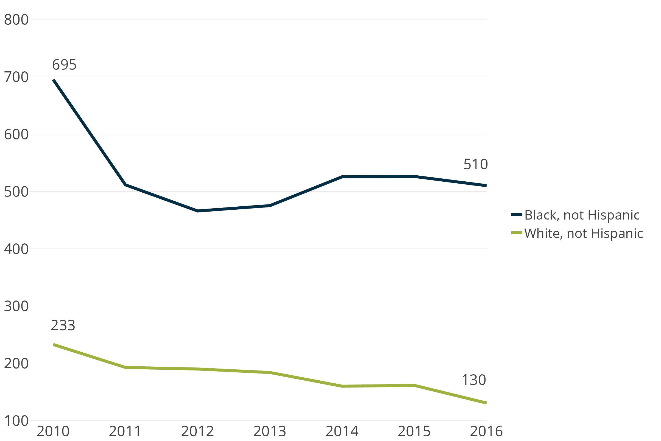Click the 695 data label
pyautogui.click(x=64, y=65)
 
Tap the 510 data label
pyautogui.click(x=475, y=164)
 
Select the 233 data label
pyautogui.click(x=63, y=325)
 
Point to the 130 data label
pyautogui.click(x=474, y=380)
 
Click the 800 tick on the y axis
pyautogui.click(x=16, y=20)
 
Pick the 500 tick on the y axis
pyautogui.click(x=16, y=192)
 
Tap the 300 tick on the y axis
pyautogui.click(x=16, y=306)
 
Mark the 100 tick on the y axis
pyautogui.click(x=16, y=421)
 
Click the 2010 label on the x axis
pyautogui.click(x=53, y=431)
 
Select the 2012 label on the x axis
pyautogui.click(x=197, y=431)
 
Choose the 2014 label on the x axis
pyautogui.click(x=342, y=431)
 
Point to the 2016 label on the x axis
pyautogui.click(x=486, y=431)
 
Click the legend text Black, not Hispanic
pyautogui.click(x=582, y=215)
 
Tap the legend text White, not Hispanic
pyautogui.click(x=584, y=233)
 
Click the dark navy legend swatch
pyautogui.click(x=517, y=215)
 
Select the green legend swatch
pyautogui.click(x=517, y=233)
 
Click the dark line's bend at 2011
pyautogui.click(x=125, y=184)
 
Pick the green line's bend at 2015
pyautogui.click(x=414, y=385)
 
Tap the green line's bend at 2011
pyautogui.click(x=125, y=367)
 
